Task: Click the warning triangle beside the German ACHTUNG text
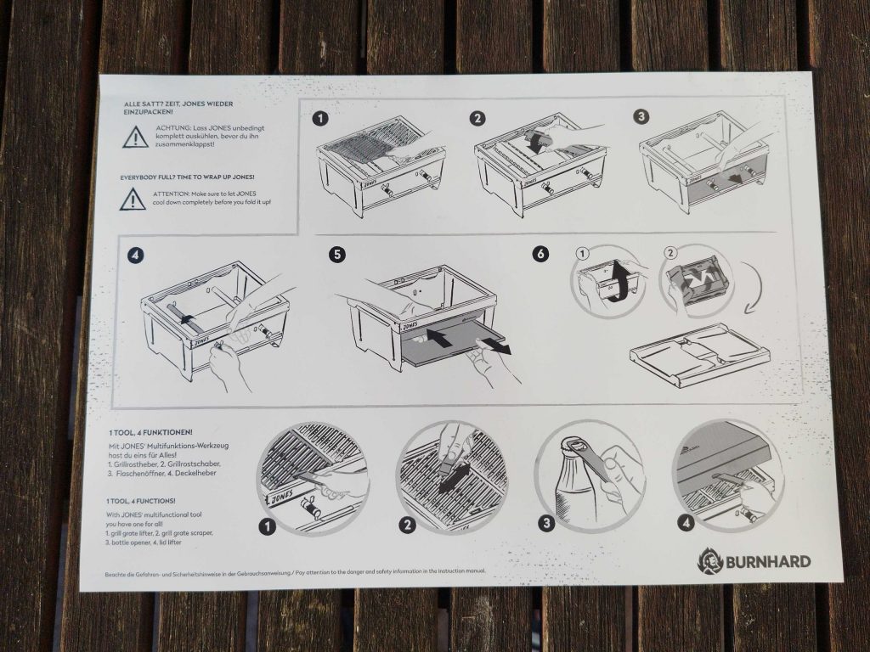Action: (x=134, y=137)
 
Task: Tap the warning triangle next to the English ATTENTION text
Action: (x=132, y=200)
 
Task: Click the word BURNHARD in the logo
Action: (x=767, y=561)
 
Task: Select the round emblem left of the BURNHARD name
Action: (x=709, y=560)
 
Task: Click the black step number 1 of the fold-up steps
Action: (x=320, y=118)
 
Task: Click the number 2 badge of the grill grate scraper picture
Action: (x=408, y=526)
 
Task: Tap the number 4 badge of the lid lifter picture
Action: (x=686, y=523)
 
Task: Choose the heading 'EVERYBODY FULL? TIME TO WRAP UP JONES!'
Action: (x=187, y=177)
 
